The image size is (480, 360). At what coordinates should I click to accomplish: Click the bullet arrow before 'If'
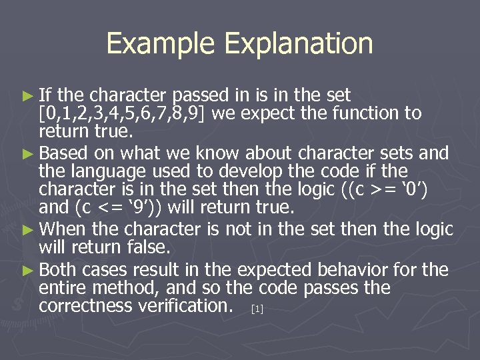(x=31, y=95)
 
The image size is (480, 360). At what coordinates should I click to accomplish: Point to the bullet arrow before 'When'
(x=31, y=230)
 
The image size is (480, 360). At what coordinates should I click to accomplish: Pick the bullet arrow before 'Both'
(x=31, y=271)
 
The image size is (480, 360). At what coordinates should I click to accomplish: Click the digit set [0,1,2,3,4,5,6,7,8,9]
(x=124, y=113)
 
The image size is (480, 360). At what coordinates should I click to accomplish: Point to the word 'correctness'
(x=84, y=307)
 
